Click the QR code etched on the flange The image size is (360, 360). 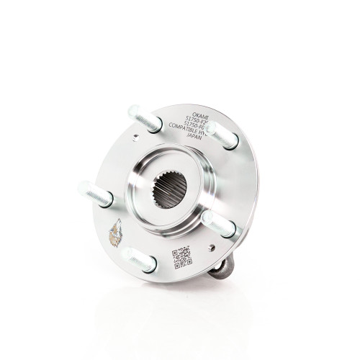pos(181,256)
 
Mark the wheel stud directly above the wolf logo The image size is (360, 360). pos(98,194)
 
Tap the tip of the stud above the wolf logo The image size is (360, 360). pos(82,189)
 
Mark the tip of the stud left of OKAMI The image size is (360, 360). pos(133,110)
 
